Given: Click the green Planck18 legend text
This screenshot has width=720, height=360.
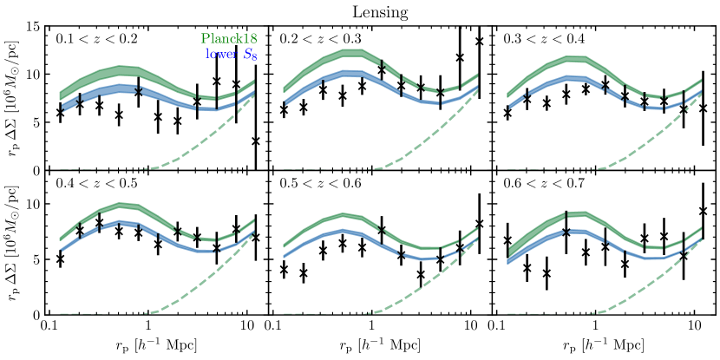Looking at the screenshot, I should pos(233,39).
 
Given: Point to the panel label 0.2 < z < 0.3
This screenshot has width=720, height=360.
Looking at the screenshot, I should pos(317,39).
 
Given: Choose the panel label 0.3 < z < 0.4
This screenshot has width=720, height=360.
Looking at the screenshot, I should pos(540,39).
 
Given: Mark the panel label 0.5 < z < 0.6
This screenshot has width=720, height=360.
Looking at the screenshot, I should pos(317,184).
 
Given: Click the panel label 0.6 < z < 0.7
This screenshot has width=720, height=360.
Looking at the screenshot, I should pos(540,184).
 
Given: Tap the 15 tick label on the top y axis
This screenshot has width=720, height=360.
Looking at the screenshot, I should pos(35,27).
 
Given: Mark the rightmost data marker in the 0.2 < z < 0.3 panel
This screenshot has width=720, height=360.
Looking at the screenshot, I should pos(480,41).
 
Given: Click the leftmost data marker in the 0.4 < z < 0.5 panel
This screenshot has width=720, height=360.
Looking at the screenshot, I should pos(60,259).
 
